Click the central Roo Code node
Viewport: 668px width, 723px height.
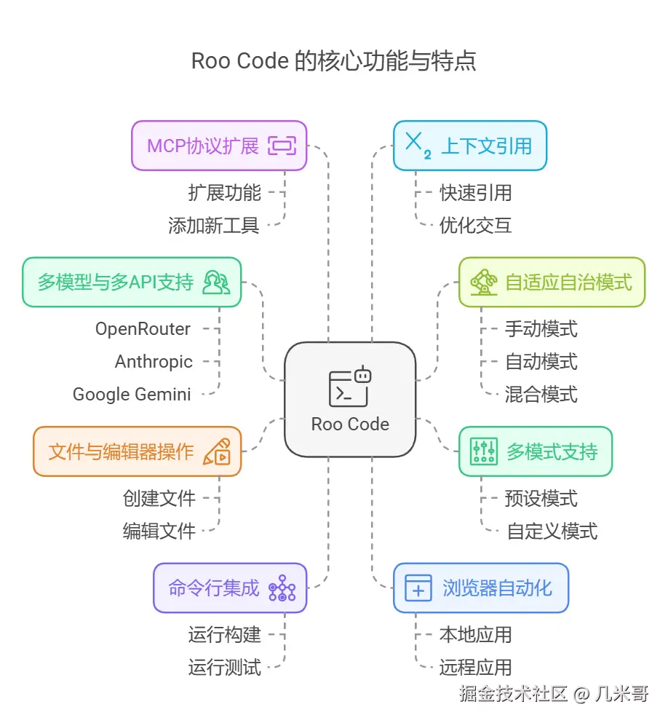pos(350,399)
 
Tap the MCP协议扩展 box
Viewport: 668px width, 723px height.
pos(219,146)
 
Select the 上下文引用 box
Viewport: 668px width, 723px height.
pos(470,146)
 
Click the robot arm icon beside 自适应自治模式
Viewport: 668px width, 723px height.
pos(482,282)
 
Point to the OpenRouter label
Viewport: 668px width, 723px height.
pos(143,329)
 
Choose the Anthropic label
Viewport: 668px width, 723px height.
pos(154,362)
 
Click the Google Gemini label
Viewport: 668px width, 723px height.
pos(132,395)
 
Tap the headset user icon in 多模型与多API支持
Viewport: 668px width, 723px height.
pos(215,282)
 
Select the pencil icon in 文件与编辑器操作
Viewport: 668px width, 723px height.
pos(216,451)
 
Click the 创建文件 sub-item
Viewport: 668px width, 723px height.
pos(159,499)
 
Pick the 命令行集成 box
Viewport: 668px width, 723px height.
pos(230,588)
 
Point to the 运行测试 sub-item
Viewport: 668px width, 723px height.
pos(224,667)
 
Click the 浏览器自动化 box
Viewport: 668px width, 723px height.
pos(480,588)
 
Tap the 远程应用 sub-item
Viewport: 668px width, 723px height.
pos(475,667)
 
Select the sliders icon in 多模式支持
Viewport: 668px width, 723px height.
pos(482,451)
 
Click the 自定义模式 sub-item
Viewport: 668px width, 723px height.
pos(552,532)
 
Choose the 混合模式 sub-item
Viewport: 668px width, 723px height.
pos(541,395)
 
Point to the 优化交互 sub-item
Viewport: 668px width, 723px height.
pos(475,225)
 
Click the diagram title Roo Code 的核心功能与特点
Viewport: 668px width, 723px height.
pos(333,61)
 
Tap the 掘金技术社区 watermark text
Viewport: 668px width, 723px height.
pos(512,694)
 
